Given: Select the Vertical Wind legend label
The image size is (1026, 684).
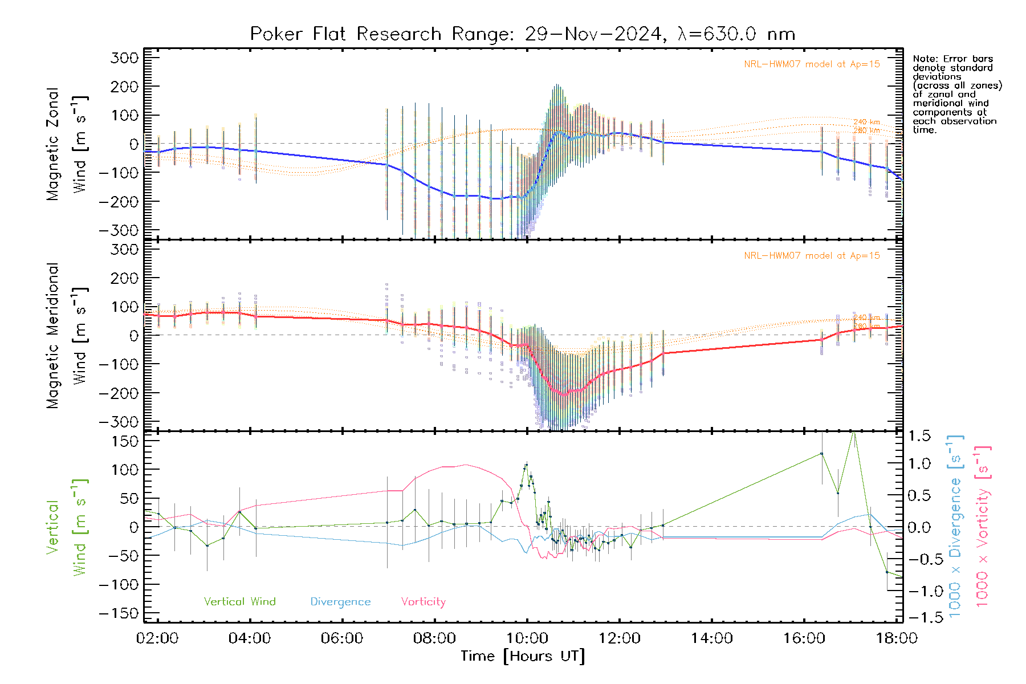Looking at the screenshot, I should [239, 602].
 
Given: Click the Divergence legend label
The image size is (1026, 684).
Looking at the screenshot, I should [340, 602].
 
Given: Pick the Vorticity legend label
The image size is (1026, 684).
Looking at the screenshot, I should [423, 602].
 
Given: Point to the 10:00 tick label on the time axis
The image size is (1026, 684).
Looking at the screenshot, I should [527, 638].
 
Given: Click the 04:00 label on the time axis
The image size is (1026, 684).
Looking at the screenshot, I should [250, 638].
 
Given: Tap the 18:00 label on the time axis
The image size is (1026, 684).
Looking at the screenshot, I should [897, 638].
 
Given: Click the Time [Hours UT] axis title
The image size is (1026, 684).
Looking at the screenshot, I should [523, 656].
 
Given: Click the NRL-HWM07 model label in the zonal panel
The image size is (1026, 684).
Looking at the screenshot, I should [812, 64].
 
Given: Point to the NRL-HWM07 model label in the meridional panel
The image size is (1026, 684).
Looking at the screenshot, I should [812, 256].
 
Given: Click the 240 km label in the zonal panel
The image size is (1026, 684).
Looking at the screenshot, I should [866, 122].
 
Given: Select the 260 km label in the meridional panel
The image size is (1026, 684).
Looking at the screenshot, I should [866, 326].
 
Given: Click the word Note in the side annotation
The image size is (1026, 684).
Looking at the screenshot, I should [923, 59].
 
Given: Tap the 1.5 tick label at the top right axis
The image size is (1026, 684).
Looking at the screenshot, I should [919, 436].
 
